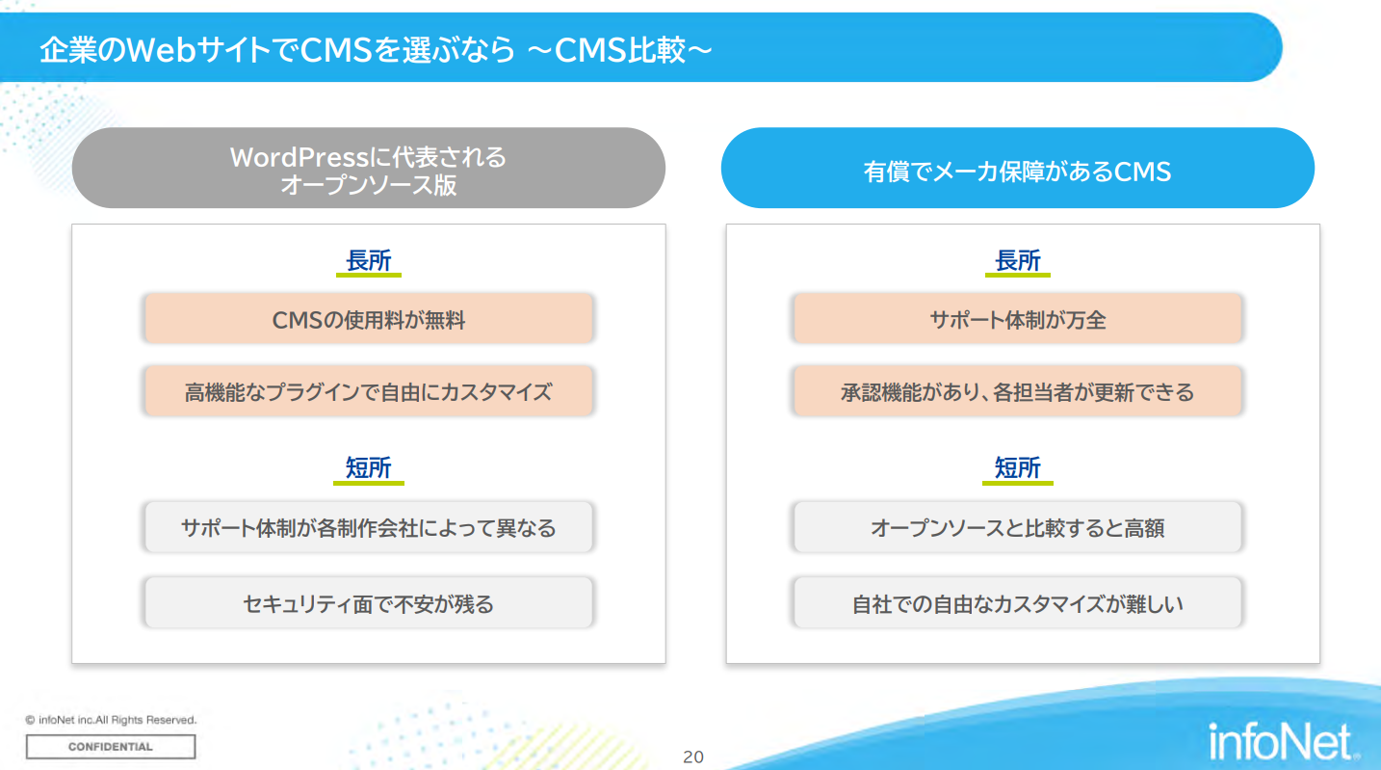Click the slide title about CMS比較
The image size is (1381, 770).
(377, 49)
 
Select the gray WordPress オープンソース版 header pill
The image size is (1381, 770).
(369, 168)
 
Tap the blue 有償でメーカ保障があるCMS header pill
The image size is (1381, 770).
(1017, 168)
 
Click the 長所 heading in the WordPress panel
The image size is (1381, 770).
(369, 260)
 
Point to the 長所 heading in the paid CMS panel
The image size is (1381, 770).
(1017, 260)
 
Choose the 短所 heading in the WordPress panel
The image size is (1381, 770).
(369, 467)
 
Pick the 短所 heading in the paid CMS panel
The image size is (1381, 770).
(1017, 467)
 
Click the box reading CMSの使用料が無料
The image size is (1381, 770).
(369, 319)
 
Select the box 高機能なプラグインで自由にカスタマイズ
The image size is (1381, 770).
(369, 391)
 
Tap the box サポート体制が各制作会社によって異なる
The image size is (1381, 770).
(369, 527)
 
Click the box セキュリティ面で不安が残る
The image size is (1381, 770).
(369, 602)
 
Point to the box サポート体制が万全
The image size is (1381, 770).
(1017, 319)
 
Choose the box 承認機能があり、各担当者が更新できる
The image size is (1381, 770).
(1017, 391)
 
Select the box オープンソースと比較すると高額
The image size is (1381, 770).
(1017, 527)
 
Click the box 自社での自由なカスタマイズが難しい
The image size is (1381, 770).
(1017, 602)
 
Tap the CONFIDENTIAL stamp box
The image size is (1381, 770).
(111, 747)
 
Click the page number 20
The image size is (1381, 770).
(693, 757)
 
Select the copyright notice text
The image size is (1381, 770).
(111, 720)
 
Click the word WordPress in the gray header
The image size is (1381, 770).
(299, 157)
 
